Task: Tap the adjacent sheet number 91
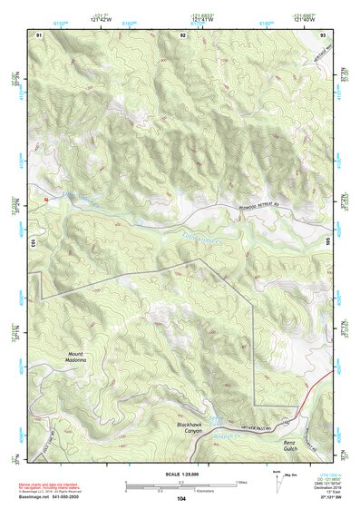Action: (x=39, y=34)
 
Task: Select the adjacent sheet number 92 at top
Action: (x=184, y=34)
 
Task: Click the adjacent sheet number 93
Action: (x=323, y=34)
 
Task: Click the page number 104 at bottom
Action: (x=181, y=499)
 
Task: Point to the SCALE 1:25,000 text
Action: (x=180, y=475)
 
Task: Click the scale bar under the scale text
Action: (x=180, y=483)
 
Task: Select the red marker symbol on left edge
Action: (x=44, y=198)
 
